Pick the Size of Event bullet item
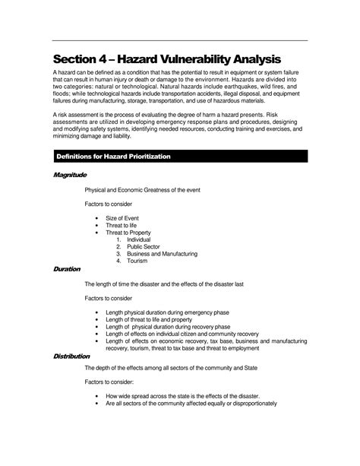pyautogui.click(x=122, y=217)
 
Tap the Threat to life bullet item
pyautogui.click(x=122, y=226)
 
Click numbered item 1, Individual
pyautogui.click(x=139, y=239)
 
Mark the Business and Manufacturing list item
pyautogui.click(x=162, y=254)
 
